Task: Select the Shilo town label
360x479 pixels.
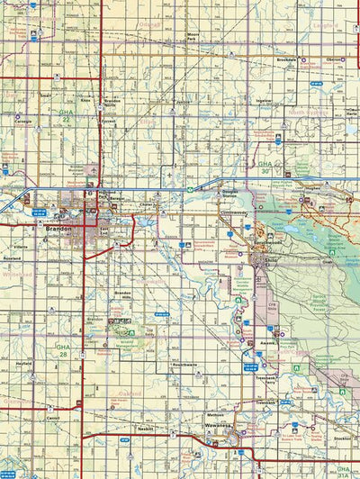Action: [x=272, y=259]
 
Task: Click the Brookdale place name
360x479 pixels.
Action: [x=262, y=59]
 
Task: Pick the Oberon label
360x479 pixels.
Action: [x=333, y=59]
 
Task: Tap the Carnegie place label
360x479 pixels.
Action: [x=23, y=121]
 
